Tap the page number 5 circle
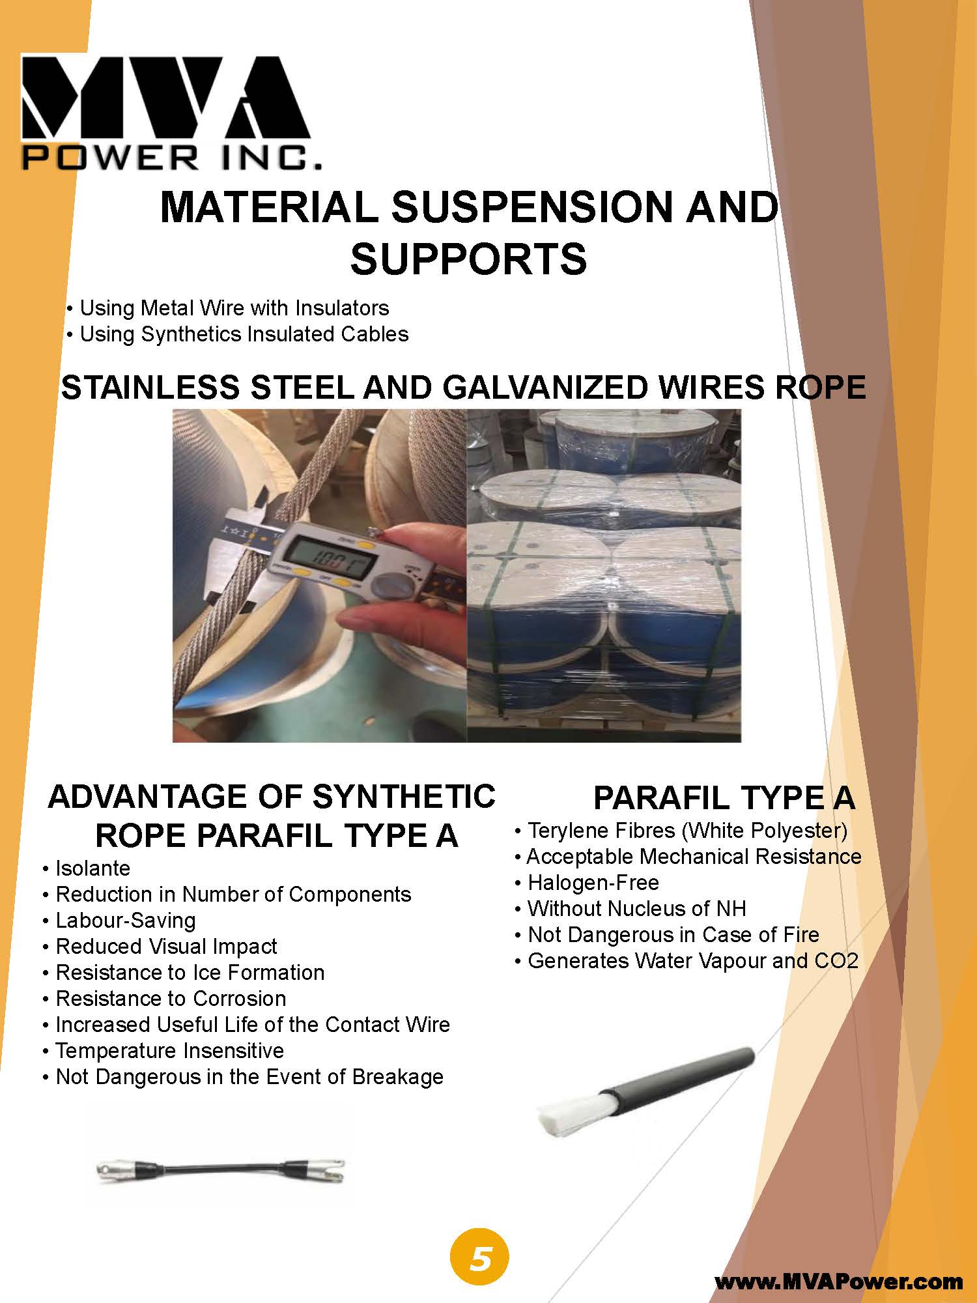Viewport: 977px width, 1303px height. coord(479,1259)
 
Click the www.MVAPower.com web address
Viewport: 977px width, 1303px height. coord(839,1282)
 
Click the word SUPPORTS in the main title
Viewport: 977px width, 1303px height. coord(468,259)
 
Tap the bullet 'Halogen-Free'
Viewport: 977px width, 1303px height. coord(593,883)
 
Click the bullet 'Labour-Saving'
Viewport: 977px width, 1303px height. coord(125,921)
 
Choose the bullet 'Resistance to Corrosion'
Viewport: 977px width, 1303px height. coord(171,999)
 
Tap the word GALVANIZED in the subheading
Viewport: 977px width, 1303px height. coord(546,388)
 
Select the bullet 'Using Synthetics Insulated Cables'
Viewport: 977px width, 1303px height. coord(244,334)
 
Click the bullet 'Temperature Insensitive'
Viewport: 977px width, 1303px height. coord(169,1051)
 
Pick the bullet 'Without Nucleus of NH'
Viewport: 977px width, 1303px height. coord(636,909)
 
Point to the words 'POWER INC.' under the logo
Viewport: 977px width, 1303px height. coord(172,157)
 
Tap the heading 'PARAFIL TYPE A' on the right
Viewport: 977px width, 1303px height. coord(724,798)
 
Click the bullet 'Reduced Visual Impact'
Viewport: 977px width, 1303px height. coord(166,947)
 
